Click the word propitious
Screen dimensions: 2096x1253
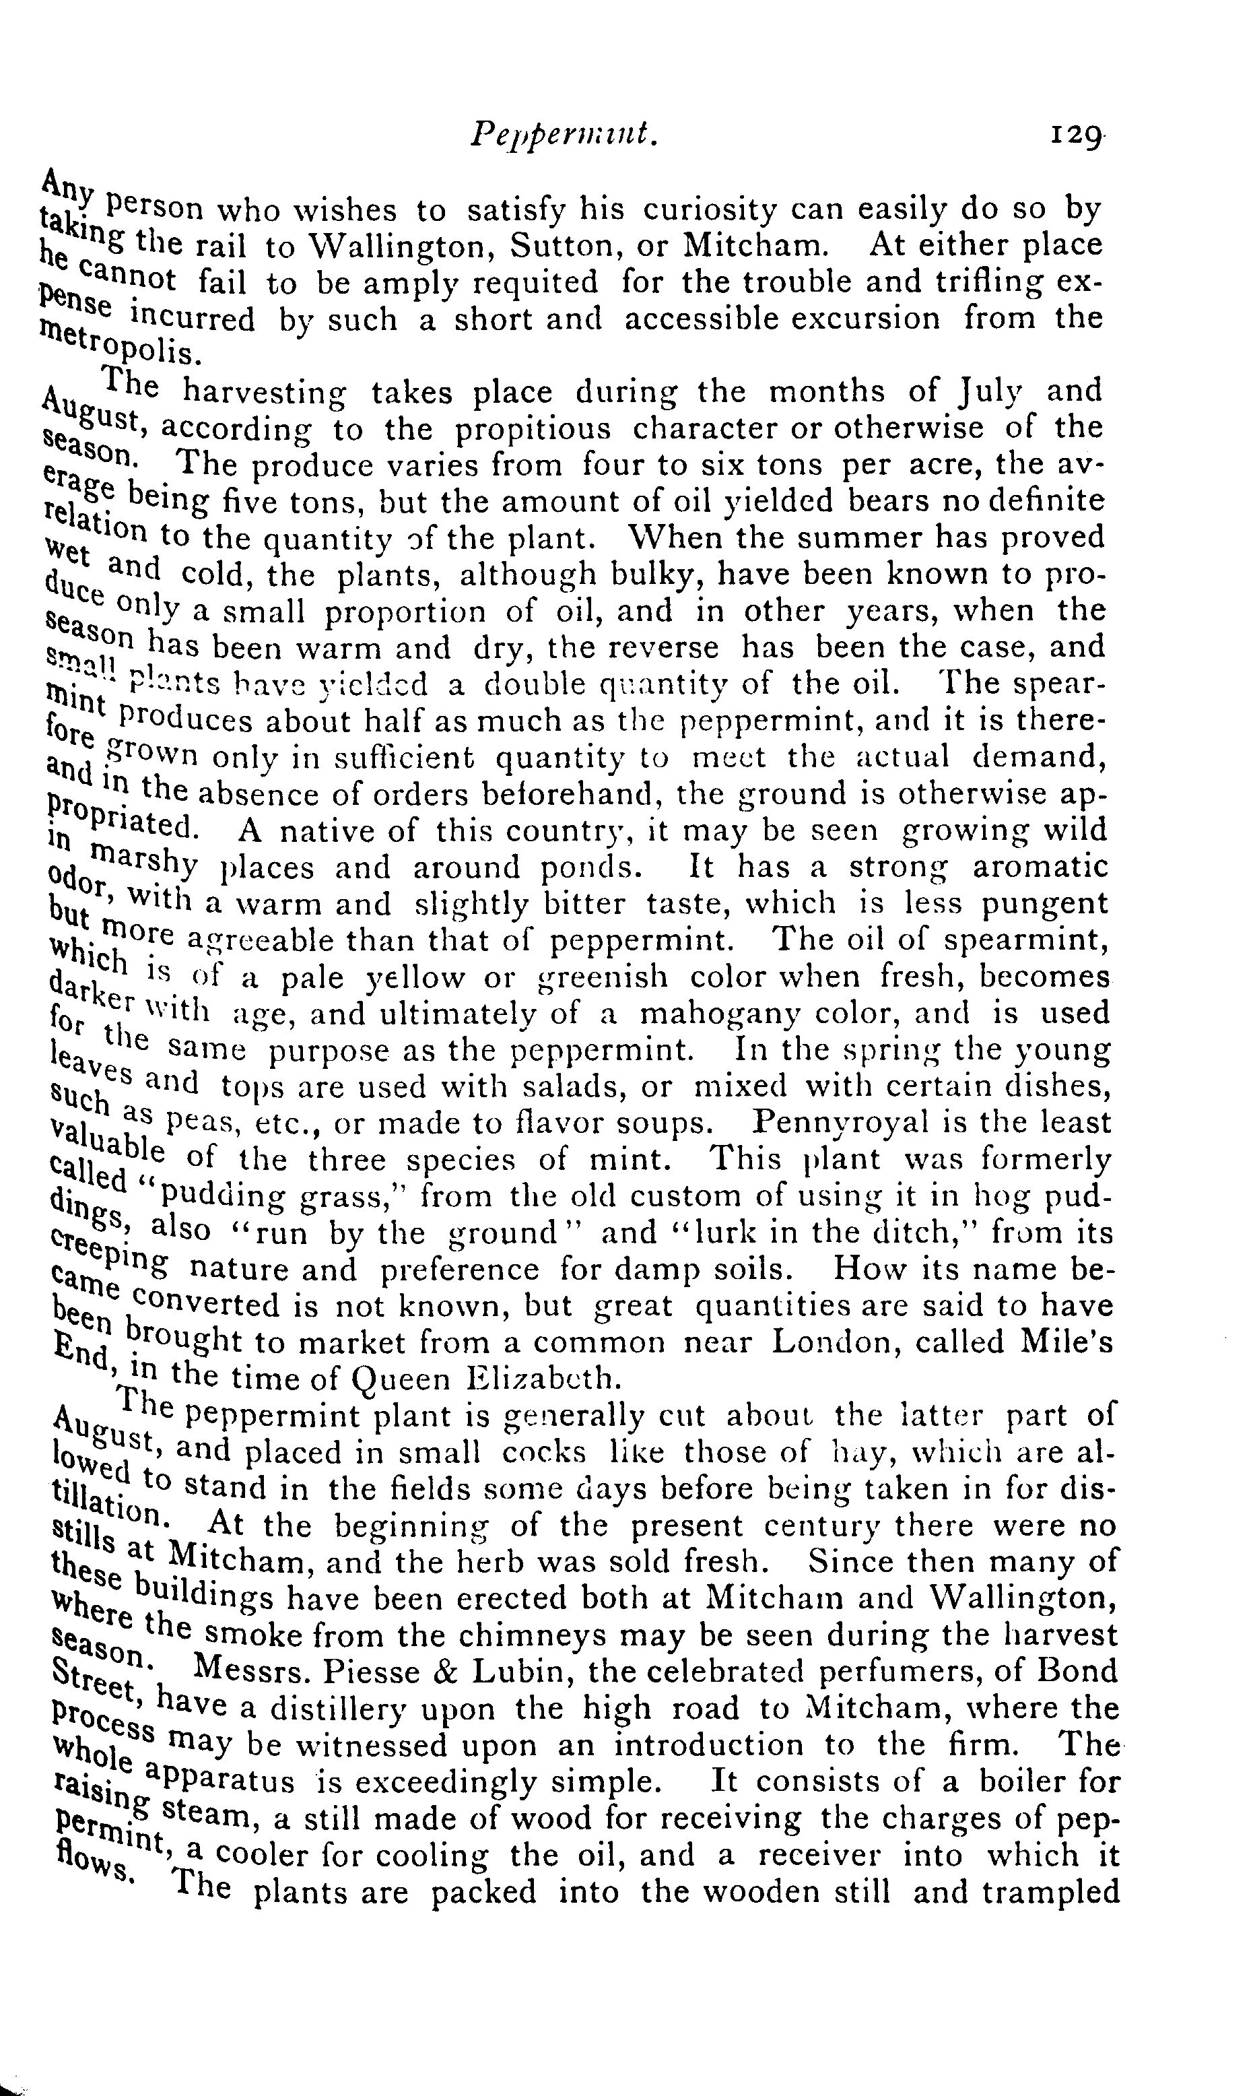(x=533, y=430)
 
